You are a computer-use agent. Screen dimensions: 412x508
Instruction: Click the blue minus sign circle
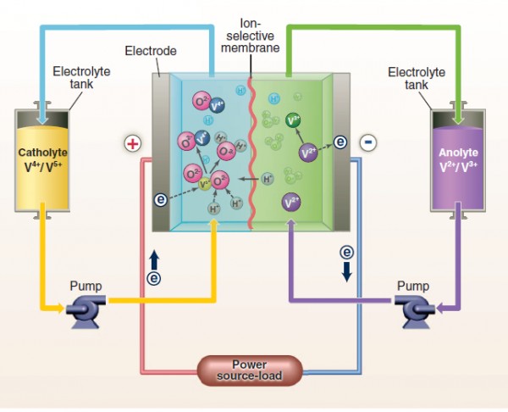tap(367, 142)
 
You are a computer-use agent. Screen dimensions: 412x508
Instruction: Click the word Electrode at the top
tap(151, 51)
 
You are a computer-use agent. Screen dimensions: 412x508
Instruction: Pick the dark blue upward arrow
tap(154, 257)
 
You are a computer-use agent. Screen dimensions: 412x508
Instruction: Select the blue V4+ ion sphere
tap(218, 106)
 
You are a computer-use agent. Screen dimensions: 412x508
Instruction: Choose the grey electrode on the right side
tap(341, 153)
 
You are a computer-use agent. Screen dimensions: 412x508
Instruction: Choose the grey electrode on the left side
tap(161, 153)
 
